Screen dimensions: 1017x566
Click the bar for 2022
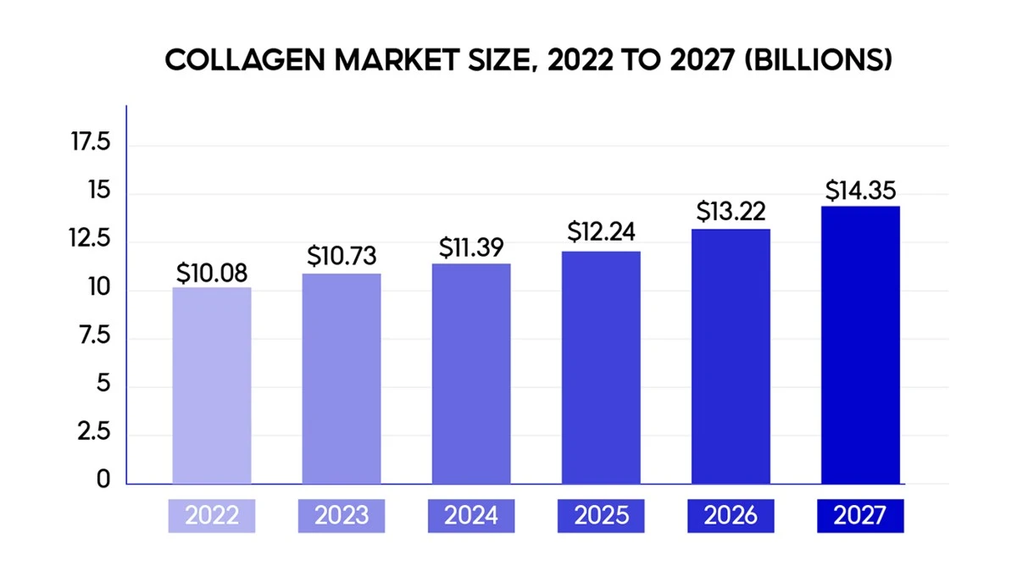click(x=212, y=386)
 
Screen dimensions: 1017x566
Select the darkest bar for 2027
click(x=860, y=345)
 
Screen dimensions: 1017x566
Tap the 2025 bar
click(x=601, y=368)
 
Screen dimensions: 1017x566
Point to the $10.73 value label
click(x=342, y=256)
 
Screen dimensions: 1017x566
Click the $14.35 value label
click(x=860, y=190)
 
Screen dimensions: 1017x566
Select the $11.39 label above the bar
click(x=471, y=247)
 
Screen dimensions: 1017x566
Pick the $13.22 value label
click(x=731, y=212)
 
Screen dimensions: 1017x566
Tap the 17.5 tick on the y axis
click(x=91, y=141)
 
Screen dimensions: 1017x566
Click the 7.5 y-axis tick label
click(x=94, y=336)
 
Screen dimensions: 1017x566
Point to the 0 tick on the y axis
click(x=103, y=480)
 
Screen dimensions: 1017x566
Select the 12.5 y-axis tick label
click(x=90, y=238)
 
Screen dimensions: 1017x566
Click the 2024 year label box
click(x=471, y=516)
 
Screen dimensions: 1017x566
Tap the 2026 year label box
click(x=731, y=516)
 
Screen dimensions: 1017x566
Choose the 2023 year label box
click(x=342, y=516)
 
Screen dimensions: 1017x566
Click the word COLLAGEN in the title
click(x=245, y=60)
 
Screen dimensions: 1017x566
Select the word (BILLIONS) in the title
click(x=819, y=60)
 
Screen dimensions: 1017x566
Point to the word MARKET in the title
click(x=397, y=60)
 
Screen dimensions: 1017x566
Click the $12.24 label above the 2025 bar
click(x=601, y=231)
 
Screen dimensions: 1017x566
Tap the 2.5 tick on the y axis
click(x=93, y=431)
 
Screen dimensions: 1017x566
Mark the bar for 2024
click(x=471, y=374)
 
